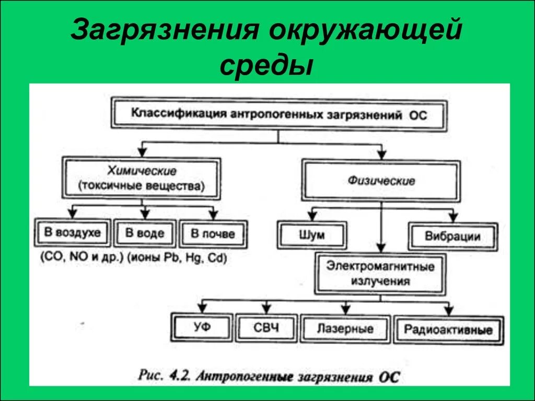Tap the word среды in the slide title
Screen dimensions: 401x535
(x=266, y=66)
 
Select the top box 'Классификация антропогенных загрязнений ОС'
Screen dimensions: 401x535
(x=279, y=114)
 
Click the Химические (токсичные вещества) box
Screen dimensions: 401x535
(x=142, y=178)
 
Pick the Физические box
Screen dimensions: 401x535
(x=381, y=181)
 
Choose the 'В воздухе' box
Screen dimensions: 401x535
(x=72, y=233)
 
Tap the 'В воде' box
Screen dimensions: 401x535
(x=144, y=233)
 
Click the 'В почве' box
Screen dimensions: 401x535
(x=213, y=234)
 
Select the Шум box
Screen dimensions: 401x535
(x=312, y=235)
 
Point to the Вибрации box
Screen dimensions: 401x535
(x=452, y=236)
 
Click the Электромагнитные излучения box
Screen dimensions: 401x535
(x=380, y=274)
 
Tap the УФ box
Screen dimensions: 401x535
(x=202, y=328)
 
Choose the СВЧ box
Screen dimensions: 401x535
(x=266, y=328)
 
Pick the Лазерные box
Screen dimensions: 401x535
(x=345, y=329)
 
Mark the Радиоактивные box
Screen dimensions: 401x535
(x=448, y=330)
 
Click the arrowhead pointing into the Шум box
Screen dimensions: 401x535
(x=312, y=216)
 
